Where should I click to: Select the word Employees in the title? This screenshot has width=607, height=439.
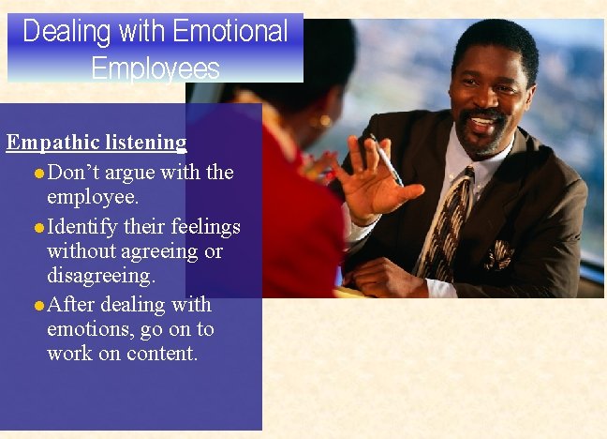155,68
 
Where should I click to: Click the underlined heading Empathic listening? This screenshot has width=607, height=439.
96,143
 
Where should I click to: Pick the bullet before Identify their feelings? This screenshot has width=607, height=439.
38,228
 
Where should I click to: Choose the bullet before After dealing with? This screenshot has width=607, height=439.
38,306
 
